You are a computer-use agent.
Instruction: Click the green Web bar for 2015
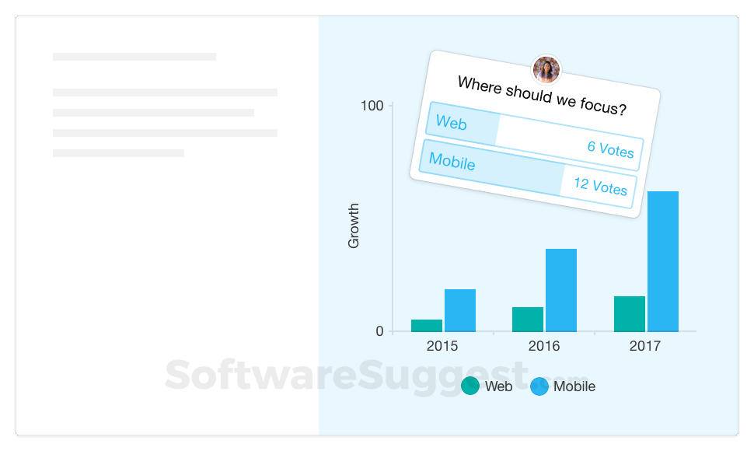(427, 326)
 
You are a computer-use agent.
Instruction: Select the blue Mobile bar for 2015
(460, 310)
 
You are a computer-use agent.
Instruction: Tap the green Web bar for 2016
(528, 320)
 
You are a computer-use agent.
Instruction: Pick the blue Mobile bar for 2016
(561, 290)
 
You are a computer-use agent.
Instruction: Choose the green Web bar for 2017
(630, 314)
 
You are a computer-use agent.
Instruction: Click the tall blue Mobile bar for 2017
(663, 261)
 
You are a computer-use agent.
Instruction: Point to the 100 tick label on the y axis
(372, 106)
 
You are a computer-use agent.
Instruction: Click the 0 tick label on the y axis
(380, 330)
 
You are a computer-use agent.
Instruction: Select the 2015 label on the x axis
(442, 346)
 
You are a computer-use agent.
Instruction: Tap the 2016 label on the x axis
(544, 346)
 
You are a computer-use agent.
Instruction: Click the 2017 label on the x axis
(645, 346)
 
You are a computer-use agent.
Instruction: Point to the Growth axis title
(354, 226)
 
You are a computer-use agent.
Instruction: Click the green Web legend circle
(470, 386)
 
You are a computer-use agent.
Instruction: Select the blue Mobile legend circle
(539, 386)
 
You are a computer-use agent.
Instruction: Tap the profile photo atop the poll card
(546, 69)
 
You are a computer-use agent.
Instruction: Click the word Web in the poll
(451, 123)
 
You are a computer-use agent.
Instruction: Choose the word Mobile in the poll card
(452, 161)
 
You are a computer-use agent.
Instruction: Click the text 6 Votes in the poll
(611, 149)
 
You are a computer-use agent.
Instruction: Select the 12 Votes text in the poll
(601, 186)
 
